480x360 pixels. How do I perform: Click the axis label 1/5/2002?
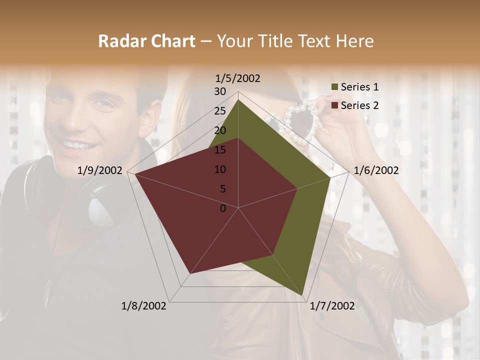pos(237,78)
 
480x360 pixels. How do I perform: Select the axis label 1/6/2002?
pos(376,170)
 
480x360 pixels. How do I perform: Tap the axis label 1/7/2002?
pos(332,306)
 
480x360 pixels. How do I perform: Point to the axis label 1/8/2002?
pos(144,306)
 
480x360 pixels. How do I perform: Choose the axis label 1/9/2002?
pos(100,170)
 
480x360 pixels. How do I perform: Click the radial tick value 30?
pos(220,91)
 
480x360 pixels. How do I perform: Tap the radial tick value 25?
pos(220,111)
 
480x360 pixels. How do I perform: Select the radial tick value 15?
pos(220,150)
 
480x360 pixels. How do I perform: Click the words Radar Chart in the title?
pos(146,41)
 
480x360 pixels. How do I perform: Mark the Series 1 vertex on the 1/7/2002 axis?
pos(302,295)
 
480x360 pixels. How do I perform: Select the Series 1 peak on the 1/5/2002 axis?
pos(238,99)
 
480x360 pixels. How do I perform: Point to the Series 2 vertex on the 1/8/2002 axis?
pos(189,274)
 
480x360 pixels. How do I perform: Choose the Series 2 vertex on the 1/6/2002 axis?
pos(297,188)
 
